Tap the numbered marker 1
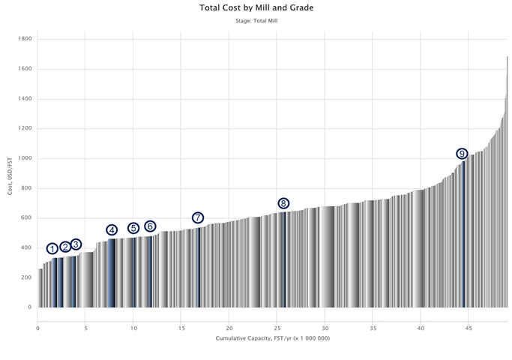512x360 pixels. [x=52, y=248]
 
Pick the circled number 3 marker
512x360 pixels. [x=76, y=244]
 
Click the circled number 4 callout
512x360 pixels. [x=112, y=230]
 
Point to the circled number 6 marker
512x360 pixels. [x=150, y=226]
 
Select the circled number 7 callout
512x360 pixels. [x=198, y=217]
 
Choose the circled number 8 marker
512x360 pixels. [x=283, y=203]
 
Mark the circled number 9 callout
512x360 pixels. [x=462, y=154]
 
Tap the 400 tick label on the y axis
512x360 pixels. [x=25, y=247]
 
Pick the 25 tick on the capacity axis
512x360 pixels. [x=277, y=328]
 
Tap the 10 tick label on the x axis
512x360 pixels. [x=133, y=328]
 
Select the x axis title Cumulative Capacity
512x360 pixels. [x=272, y=339]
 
